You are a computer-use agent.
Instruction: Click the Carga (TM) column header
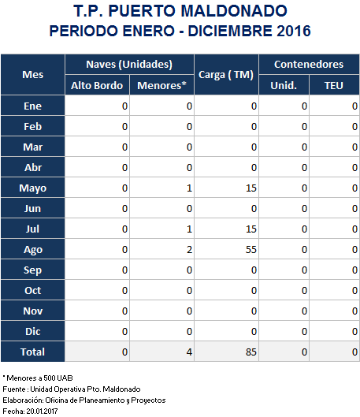pos(226,75)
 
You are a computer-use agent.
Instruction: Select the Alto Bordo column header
pos(97,85)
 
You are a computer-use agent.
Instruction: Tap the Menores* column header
pos(161,85)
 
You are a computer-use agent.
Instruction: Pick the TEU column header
pos(334,85)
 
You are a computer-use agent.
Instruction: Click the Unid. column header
pos(284,85)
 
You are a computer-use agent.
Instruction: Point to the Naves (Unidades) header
pos(129,65)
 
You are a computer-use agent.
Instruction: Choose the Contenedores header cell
pos(309,65)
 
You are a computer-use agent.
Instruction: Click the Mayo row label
pos(32,188)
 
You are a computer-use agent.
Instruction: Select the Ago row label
pos(32,250)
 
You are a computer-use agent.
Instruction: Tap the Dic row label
pos(32,331)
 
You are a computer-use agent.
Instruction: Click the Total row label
pos(32,352)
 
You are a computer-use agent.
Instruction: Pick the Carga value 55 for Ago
pos(251,249)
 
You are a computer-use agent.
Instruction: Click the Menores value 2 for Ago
pos(189,249)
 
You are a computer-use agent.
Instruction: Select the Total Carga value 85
pos(251,352)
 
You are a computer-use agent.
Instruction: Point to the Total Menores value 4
pos(189,352)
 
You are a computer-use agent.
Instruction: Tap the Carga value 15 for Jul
pos(251,229)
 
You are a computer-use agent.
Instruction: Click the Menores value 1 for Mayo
pos(189,188)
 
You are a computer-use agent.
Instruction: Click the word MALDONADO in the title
pos(234,11)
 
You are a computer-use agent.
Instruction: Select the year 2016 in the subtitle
pos(294,31)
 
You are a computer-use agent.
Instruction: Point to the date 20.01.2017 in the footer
pos(42,411)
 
